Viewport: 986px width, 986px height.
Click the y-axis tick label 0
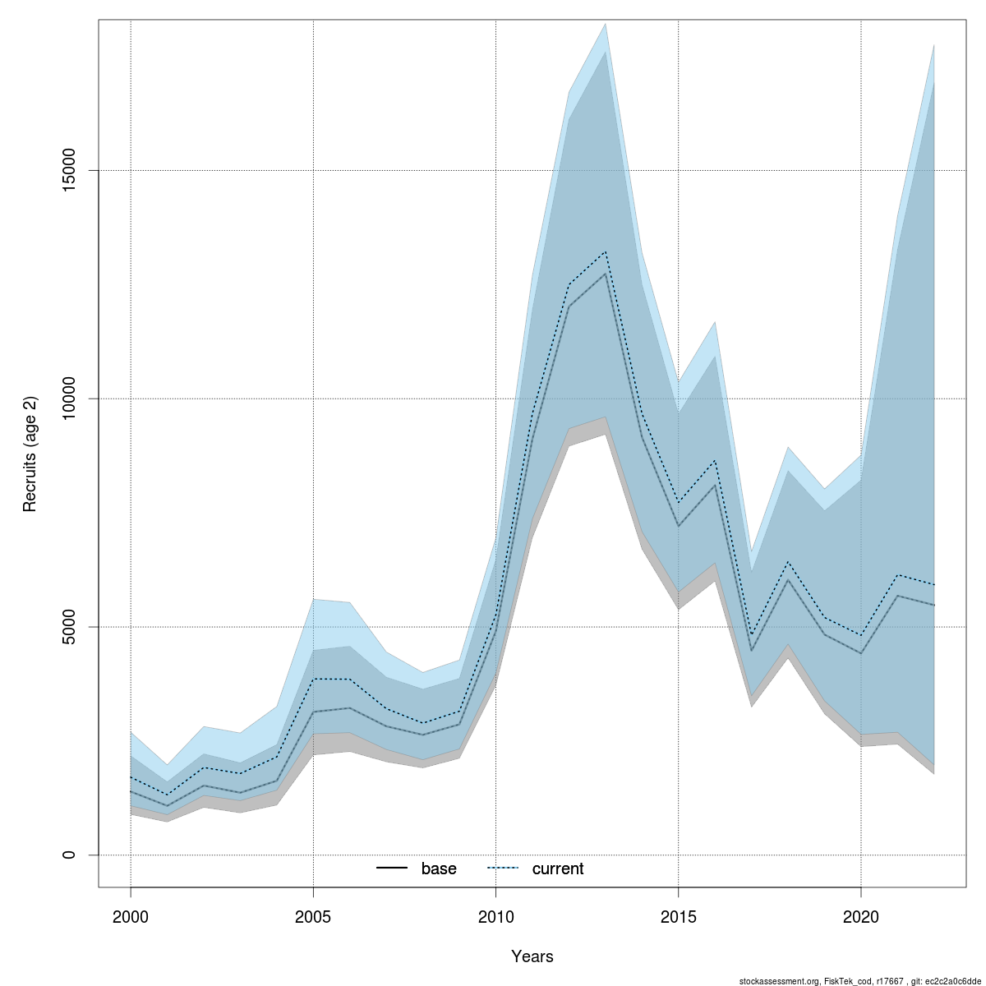pos(69,855)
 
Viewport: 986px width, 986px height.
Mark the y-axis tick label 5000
pos(69,627)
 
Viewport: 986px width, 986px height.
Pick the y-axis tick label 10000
pos(69,399)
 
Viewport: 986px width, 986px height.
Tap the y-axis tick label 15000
pos(69,170)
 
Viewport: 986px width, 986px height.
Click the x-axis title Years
pos(532,956)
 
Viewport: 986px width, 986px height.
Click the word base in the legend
pos(439,869)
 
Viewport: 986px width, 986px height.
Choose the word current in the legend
pos(558,869)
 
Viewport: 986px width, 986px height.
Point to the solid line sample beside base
pos(393,869)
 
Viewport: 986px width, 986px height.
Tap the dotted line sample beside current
pos(504,869)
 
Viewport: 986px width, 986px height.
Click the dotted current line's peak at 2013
pos(606,251)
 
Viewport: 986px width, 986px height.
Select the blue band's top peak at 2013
pos(606,24)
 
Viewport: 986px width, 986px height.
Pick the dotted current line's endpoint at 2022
pos(934,584)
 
